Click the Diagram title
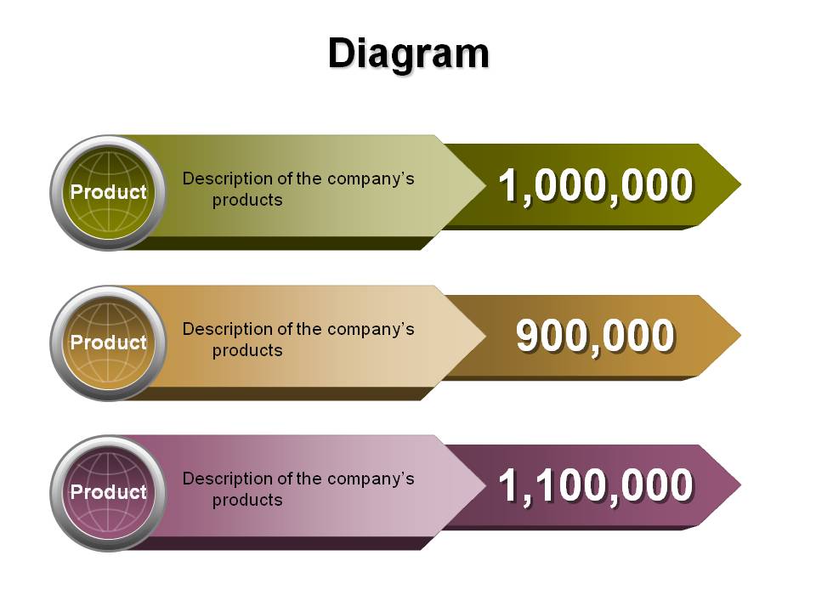[409, 54]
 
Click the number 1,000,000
[596, 186]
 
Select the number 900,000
[596, 337]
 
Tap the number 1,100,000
[596, 485]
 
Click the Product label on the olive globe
[109, 192]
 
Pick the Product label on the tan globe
[109, 343]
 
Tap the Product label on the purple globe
[109, 492]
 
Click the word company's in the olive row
[371, 179]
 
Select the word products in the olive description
[247, 201]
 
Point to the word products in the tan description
[247, 351]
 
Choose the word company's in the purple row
[371, 479]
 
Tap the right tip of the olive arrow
[740, 184]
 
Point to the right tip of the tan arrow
[740, 335]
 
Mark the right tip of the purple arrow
[740, 484]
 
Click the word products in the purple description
[247, 500]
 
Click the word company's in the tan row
[371, 330]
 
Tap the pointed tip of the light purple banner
[485, 485]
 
